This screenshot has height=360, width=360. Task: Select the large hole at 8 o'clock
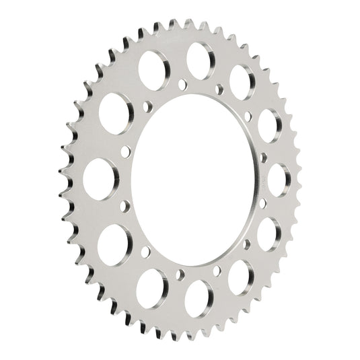[x=115, y=242]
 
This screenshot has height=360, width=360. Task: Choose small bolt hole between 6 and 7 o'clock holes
[x=180, y=274]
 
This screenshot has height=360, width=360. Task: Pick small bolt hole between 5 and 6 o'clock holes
[x=217, y=271]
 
